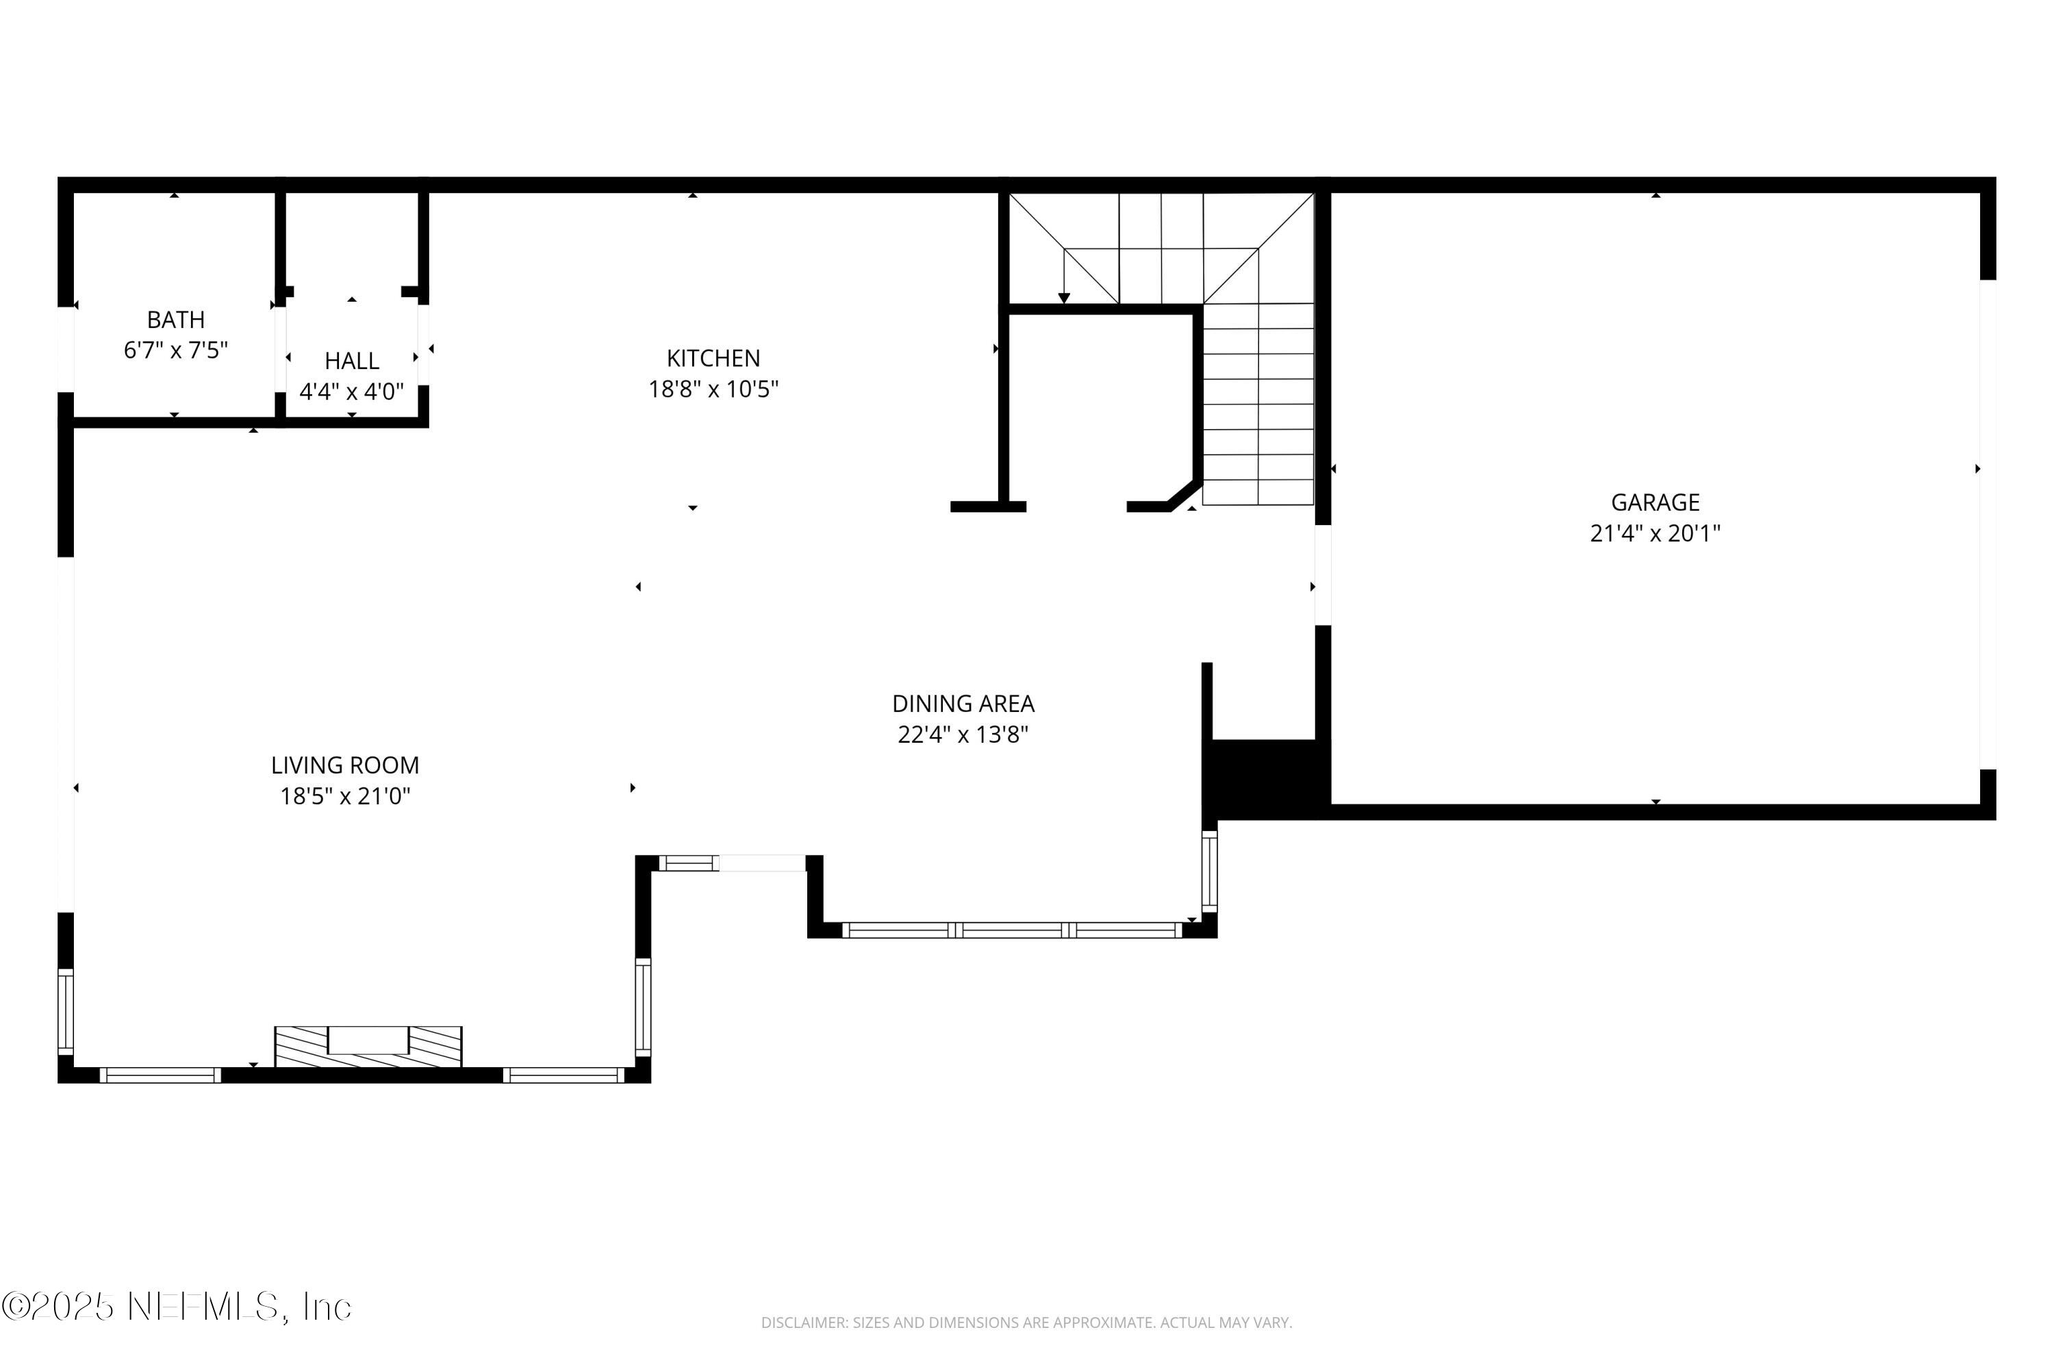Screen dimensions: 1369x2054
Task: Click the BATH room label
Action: [175, 320]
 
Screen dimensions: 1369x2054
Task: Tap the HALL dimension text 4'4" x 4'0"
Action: [351, 391]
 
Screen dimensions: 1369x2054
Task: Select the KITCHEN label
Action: [713, 358]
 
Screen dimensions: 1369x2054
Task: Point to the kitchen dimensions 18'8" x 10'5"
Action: [713, 389]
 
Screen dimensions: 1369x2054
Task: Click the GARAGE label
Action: [1655, 502]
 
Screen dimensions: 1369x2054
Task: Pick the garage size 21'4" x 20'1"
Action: [1655, 533]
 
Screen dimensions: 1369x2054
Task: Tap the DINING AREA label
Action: [963, 704]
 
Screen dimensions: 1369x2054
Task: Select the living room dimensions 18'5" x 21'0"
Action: [345, 796]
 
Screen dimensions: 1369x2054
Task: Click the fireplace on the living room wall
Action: [368, 1046]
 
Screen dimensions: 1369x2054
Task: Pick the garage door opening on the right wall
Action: [1988, 524]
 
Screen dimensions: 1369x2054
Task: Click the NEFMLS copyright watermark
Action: [177, 1307]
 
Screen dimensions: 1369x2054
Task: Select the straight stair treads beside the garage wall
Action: [1258, 403]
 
